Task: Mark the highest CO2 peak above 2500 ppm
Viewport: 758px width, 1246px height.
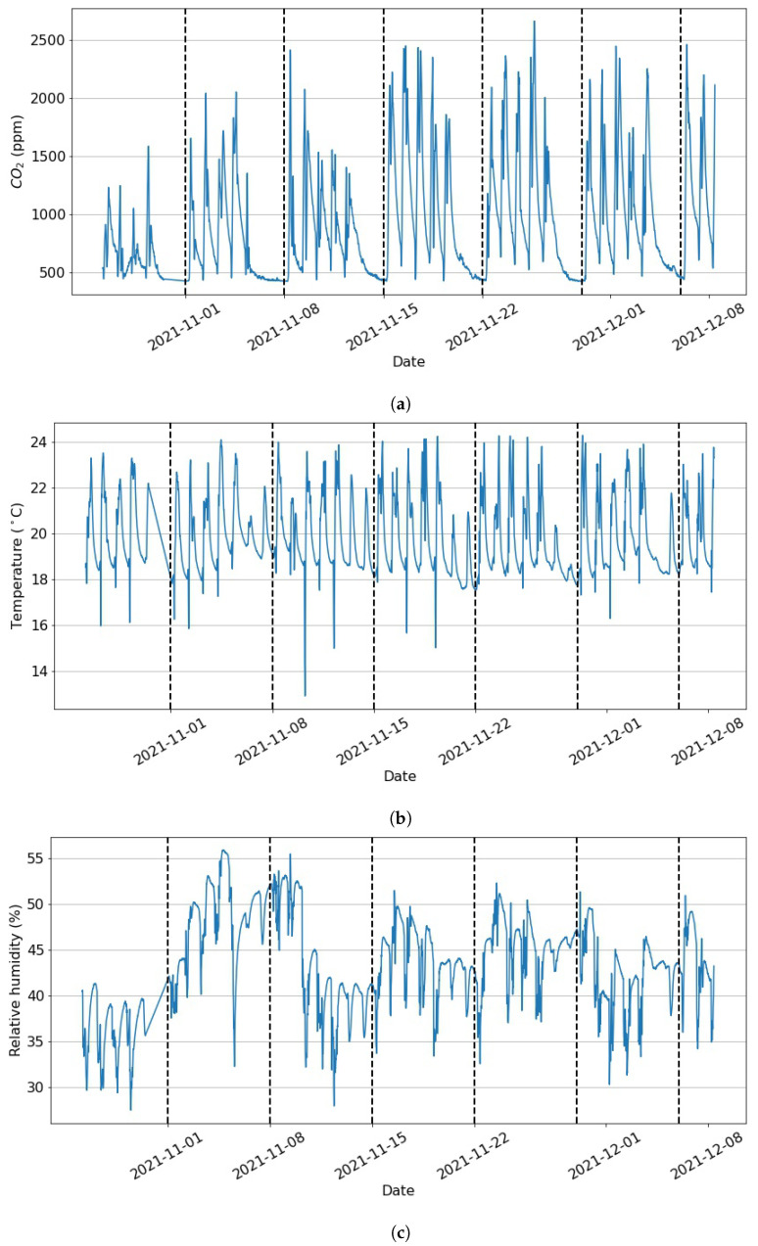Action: click(534, 22)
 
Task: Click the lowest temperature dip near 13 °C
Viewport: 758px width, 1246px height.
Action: click(305, 695)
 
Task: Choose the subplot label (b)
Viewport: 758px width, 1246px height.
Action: click(400, 818)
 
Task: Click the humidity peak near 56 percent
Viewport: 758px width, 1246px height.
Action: click(223, 851)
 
